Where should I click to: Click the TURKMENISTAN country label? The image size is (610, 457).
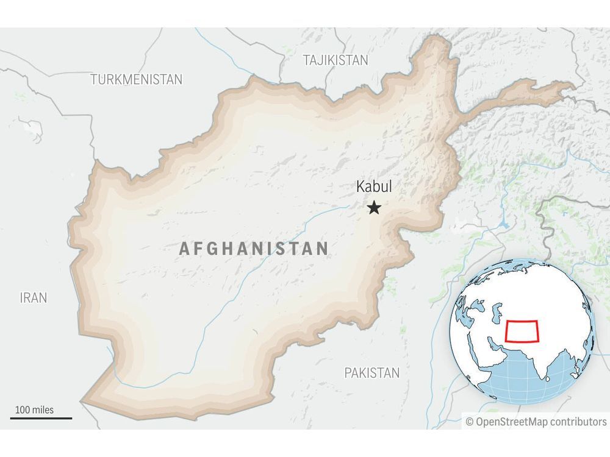point(137,79)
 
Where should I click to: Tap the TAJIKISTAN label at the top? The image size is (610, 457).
point(335,60)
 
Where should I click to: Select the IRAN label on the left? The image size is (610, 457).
point(33,298)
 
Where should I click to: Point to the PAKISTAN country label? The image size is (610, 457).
point(371,373)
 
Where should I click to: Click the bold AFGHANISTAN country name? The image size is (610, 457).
point(254,249)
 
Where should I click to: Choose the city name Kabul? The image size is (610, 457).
point(374,187)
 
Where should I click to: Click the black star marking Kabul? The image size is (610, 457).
point(374,208)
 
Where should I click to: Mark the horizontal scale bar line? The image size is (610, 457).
point(41,419)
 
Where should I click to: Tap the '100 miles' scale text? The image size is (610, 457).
point(35,409)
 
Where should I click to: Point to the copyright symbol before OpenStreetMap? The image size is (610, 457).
point(470,422)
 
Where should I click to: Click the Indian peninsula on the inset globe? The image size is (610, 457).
point(540,366)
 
